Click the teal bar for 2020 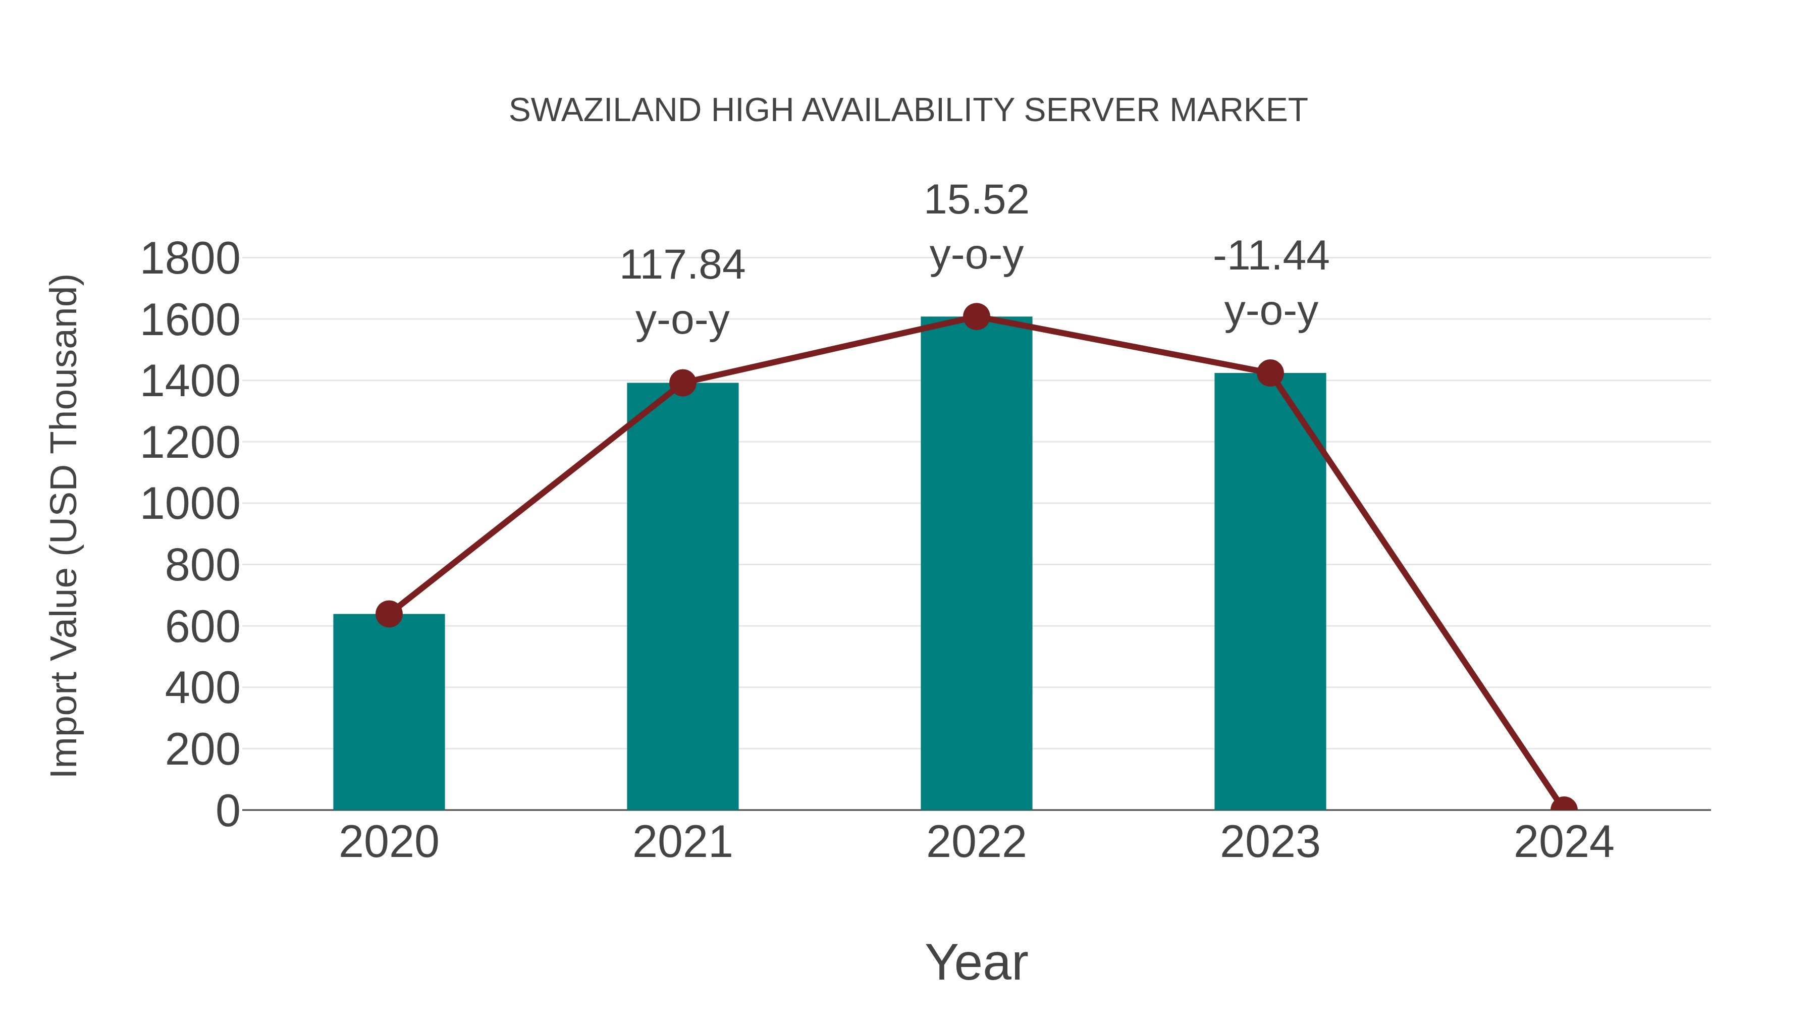(389, 712)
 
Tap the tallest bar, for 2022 (976, 564)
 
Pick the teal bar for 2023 (1270, 592)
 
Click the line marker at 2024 (1564, 809)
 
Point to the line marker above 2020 (389, 614)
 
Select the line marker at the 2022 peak (976, 316)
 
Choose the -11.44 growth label (1270, 255)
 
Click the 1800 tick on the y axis (190, 259)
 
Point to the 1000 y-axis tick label (190, 504)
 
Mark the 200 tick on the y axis (202, 750)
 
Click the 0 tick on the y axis (228, 811)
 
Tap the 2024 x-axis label (1564, 842)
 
